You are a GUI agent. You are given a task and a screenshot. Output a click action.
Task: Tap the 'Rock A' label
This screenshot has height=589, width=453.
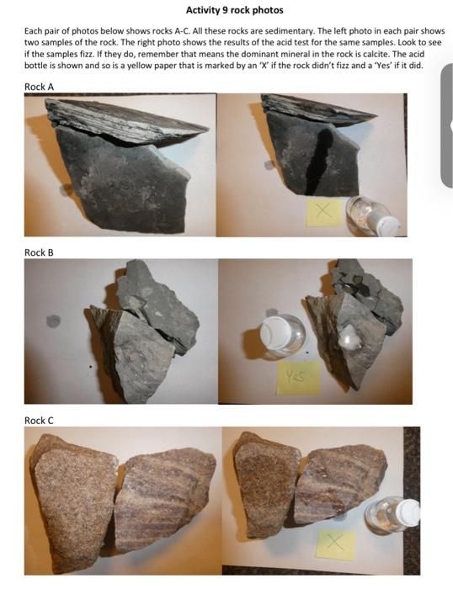coord(39,86)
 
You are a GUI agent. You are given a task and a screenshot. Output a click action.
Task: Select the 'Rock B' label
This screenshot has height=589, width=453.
coord(39,252)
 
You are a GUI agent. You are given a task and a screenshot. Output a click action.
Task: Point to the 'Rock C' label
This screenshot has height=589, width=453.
coord(39,420)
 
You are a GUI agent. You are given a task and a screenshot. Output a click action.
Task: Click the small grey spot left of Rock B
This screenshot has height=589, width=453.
coord(53,321)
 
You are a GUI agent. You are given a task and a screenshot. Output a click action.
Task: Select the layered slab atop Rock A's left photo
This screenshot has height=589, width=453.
coord(126,118)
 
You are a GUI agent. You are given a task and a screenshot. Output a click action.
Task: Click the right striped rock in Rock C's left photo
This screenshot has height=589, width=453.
coord(164,496)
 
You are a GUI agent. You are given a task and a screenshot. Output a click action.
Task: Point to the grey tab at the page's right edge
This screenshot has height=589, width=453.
coord(446,126)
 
